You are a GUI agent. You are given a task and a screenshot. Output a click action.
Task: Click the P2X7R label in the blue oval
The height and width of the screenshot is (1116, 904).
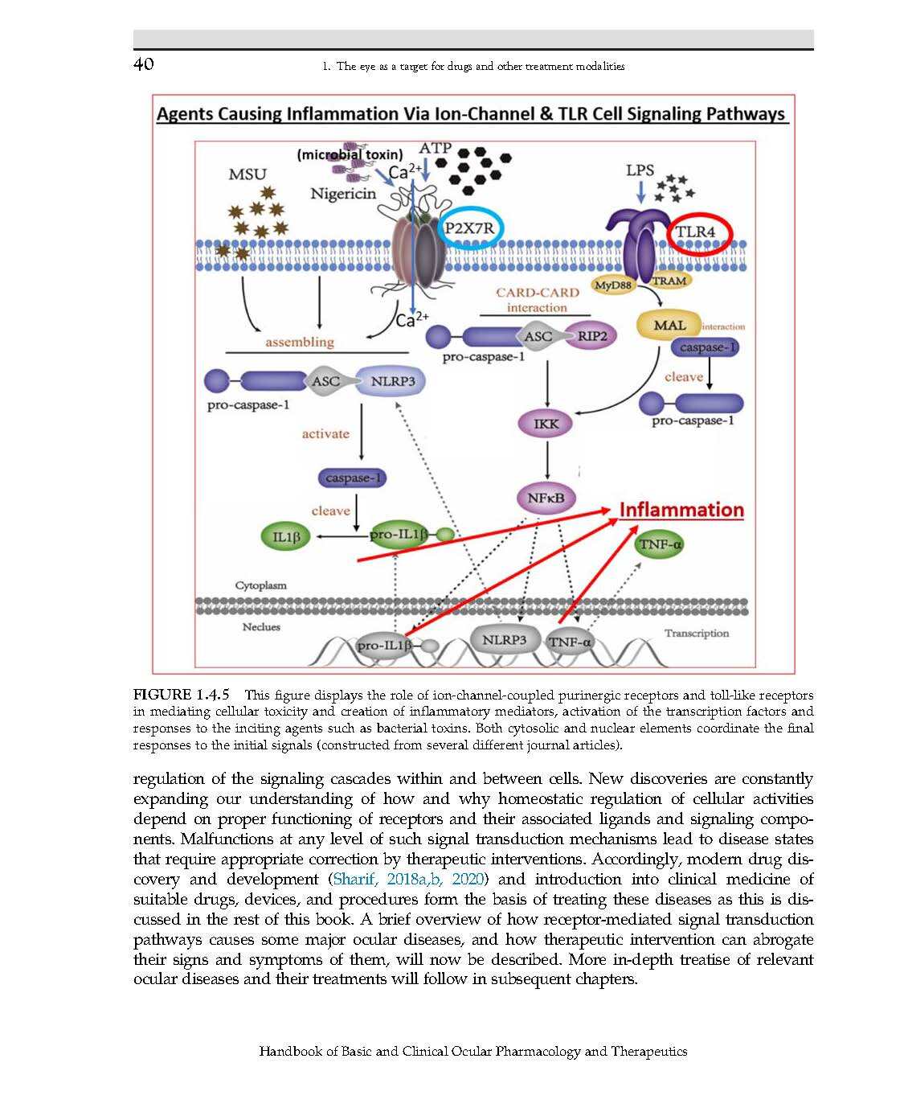[x=470, y=228]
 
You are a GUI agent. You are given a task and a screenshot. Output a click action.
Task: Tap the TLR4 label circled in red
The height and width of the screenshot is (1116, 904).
[x=695, y=232]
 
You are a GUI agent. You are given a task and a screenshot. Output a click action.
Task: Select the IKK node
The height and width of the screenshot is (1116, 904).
[x=546, y=424]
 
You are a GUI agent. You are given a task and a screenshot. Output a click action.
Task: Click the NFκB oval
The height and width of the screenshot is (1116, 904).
[x=546, y=499]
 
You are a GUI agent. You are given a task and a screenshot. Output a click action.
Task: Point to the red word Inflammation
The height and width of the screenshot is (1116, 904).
[x=681, y=510]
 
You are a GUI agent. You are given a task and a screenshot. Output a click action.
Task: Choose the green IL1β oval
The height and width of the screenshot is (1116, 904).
[x=286, y=537]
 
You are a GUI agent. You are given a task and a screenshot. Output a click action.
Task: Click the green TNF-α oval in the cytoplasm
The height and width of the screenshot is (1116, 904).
[x=660, y=544]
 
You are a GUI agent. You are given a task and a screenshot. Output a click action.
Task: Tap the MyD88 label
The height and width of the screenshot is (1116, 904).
[x=614, y=285]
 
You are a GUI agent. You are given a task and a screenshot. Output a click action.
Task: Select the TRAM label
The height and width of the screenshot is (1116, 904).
[x=669, y=281]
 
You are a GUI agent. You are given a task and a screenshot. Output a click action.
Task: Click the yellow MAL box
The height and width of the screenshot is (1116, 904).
[x=669, y=326]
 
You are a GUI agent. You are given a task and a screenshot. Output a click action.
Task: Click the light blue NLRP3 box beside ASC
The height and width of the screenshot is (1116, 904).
[x=392, y=381]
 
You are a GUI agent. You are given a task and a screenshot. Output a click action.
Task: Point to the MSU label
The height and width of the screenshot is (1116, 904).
[x=247, y=174]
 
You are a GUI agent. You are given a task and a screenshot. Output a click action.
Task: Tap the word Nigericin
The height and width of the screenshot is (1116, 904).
[x=343, y=194]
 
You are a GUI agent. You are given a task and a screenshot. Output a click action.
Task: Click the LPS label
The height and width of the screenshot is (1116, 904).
[x=640, y=170]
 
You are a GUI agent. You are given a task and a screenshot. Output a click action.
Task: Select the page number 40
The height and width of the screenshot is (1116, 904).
[x=143, y=64]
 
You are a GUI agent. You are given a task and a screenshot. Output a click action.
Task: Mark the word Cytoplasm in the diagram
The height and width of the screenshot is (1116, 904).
[x=260, y=585]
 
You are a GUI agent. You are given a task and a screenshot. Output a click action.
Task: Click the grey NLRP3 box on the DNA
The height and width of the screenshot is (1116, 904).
[x=504, y=640]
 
